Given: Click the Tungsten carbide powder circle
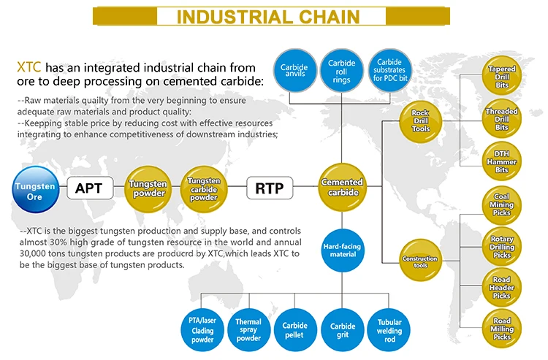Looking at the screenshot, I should point(203,188).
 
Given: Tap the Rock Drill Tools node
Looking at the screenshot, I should point(420,120).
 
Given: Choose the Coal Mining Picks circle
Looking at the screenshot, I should point(503,205).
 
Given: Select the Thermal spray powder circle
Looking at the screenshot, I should point(248,330).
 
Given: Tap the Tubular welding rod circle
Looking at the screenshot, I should point(389,330).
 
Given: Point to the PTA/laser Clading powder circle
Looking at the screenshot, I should point(201,330).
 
